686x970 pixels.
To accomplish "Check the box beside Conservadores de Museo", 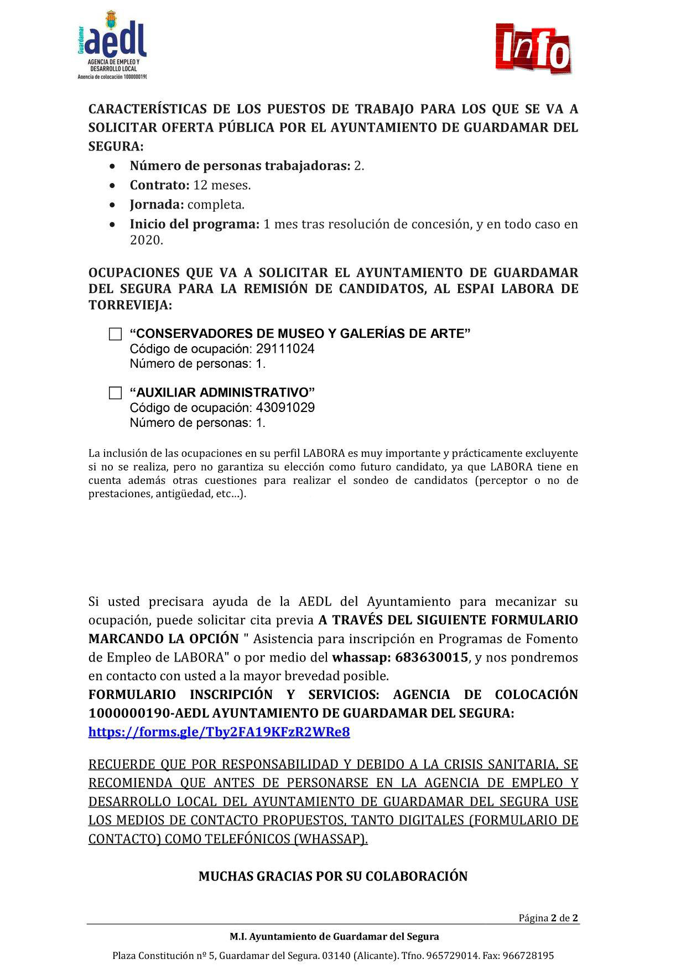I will pyautogui.click(x=115, y=334).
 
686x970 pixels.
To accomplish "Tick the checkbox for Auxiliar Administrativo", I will pyautogui.click(x=115, y=393).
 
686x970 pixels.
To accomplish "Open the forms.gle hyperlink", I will pyautogui.click(x=219, y=732).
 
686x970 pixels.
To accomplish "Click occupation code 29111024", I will pyautogui.click(x=285, y=349).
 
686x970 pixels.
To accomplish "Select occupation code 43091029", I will pyautogui.click(x=285, y=408).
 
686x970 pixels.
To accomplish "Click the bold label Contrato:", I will pyautogui.click(x=159, y=185).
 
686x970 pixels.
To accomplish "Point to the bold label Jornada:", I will pyautogui.click(x=157, y=205).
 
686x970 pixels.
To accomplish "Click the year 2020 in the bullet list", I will pyautogui.click(x=146, y=241).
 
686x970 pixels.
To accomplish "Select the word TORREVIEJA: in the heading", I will pyautogui.click(x=130, y=305).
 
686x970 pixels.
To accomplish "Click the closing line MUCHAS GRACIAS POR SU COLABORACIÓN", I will pyautogui.click(x=333, y=877).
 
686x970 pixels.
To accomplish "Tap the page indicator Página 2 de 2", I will pyautogui.click(x=548, y=919).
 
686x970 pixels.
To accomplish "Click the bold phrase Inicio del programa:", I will pyautogui.click(x=194, y=224).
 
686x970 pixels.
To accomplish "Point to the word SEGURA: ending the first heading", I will pyautogui.click(x=116, y=147).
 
